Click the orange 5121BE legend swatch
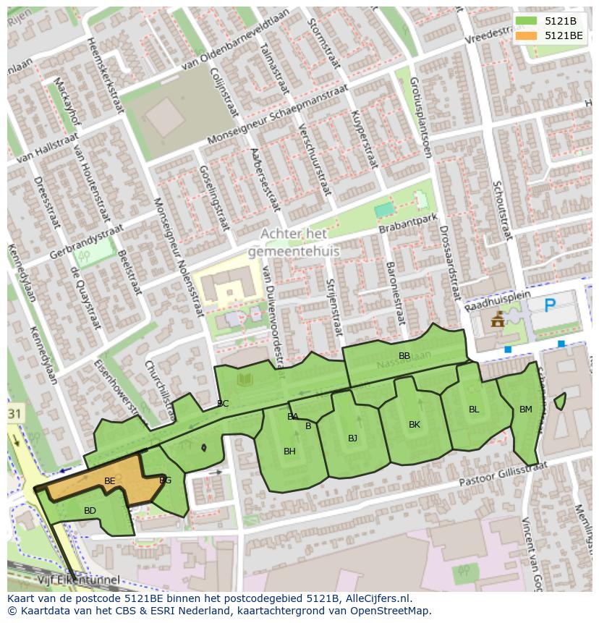[x=527, y=35]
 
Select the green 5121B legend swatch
[x=527, y=21]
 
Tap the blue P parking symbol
[x=551, y=305]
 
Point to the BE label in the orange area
[x=109, y=481]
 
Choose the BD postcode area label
[x=90, y=511]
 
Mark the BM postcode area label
[x=525, y=410]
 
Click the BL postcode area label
[x=474, y=410]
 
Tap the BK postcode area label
[x=414, y=425]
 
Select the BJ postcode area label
[x=352, y=438]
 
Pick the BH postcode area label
[x=289, y=452]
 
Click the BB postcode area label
[x=404, y=355]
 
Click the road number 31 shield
[x=14, y=413]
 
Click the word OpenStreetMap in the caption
[x=391, y=611]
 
